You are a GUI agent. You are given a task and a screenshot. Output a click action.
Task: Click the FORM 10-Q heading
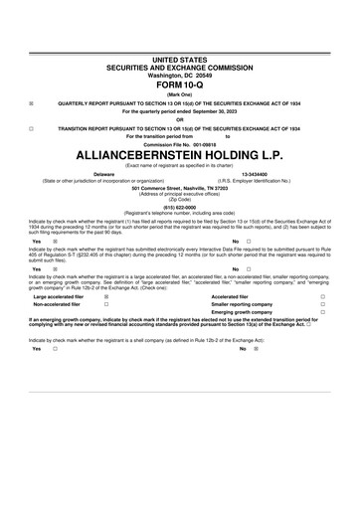click(179, 84)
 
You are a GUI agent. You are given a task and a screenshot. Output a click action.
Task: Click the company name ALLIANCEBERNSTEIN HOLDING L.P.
click(179, 157)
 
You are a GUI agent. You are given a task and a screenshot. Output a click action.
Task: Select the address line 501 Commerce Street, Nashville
click(179, 187)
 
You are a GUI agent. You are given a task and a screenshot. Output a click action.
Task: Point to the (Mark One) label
click(179, 93)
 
